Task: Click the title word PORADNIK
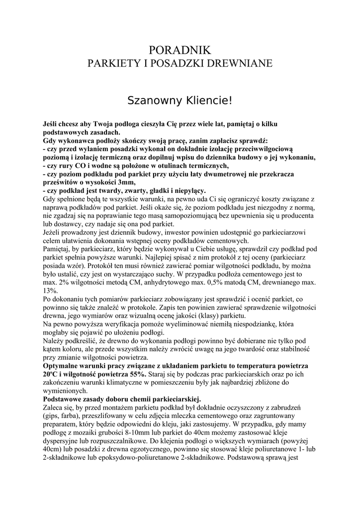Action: pyautogui.click(x=180, y=50)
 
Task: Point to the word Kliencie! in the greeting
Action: pyautogui.click(x=209, y=101)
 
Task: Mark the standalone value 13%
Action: pyautogui.click(x=51, y=290)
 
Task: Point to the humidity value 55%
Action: pyautogui.click(x=136, y=374)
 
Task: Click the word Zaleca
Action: pyautogui.click(x=55, y=407)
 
